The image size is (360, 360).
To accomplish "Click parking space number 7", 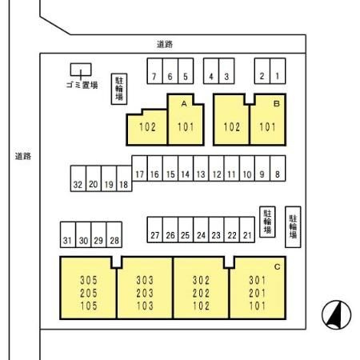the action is tap(154, 71).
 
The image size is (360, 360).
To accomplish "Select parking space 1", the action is tap(278, 71).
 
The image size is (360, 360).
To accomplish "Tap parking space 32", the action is tap(78, 178).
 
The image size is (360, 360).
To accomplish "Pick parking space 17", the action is tap(139, 169).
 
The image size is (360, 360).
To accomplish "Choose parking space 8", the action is tap(278, 169).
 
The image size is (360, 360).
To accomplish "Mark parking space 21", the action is tap(247, 230).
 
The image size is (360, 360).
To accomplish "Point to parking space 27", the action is tap(154, 230).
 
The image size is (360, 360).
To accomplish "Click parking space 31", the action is tap(68, 234).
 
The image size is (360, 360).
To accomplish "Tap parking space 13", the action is tap(201, 169).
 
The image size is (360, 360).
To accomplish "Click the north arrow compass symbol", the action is tap(336, 315).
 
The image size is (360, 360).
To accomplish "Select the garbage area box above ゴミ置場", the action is tap(81, 70).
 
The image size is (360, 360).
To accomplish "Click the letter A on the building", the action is tap(184, 104).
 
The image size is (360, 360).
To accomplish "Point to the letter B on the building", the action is tap(277, 103).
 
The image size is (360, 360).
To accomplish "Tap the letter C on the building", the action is tap(278, 266).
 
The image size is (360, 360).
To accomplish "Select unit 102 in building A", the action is tap(147, 127).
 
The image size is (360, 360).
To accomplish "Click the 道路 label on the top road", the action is tap(165, 44).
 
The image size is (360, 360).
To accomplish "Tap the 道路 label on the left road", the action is tap(23, 156).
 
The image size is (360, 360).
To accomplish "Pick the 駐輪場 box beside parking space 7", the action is tap(119, 89).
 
